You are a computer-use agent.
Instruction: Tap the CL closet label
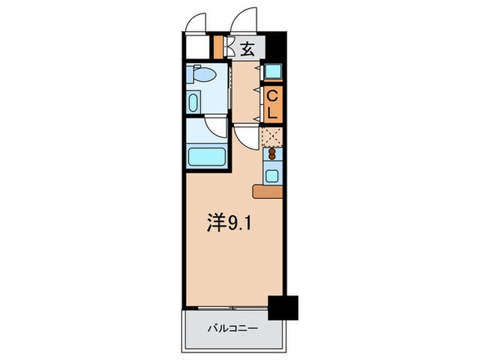pyautogui.click(x=272, y=104)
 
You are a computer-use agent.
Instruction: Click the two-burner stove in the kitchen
pyautogui.click(x=272, y=155)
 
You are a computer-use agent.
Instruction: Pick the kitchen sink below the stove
pyautogui.click(x=272, y=175)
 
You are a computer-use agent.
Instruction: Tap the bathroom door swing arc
pyautogui.click(x=217, y=127)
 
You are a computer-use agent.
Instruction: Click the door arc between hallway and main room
pyautogui.click(x=244, y=136)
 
